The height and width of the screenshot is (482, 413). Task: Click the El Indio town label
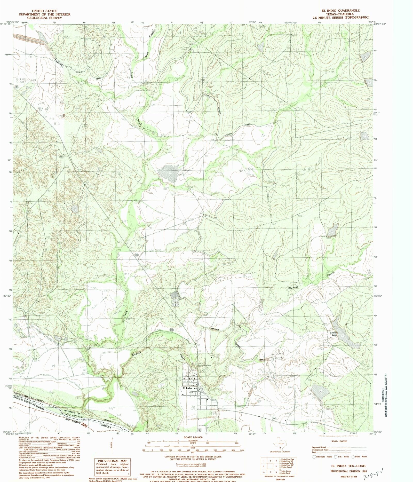187,388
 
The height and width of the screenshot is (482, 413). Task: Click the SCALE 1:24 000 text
193,438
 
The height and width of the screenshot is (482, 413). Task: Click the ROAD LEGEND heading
339,441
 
